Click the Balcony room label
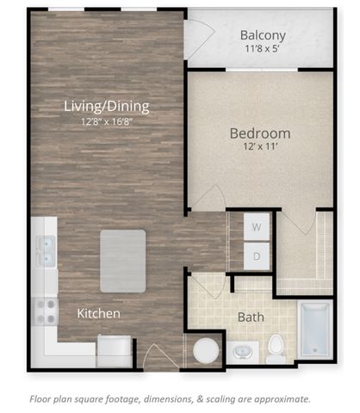[x=263, y=35]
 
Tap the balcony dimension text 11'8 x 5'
[x=262, y=48]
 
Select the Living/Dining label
[x=107, y=106]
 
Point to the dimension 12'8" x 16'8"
[x=107, y=122]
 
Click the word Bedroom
[x=260, y=133]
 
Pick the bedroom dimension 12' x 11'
[x=260, y=146]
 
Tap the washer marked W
[x=257, y=226]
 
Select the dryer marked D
[x=257, y=256]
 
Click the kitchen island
[x=123, y=261]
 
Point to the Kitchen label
[x=98, y=313]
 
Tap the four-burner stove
[x=46, y=311]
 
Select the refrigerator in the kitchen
[x=115, y=351]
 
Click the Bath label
[x=251, y=317]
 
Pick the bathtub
[x=315, y=330]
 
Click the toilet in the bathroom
[x=276, y=349]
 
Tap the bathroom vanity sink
[x=243, y=353]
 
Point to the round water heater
[x=206, y=351]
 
